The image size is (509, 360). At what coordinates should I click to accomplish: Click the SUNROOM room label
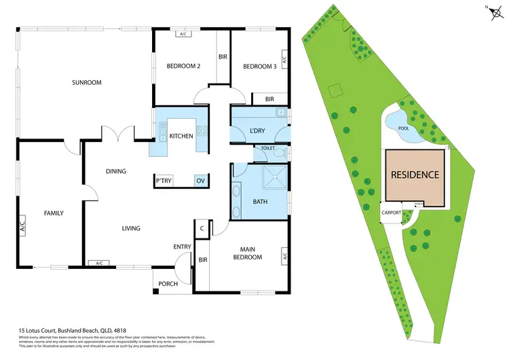[87, 83]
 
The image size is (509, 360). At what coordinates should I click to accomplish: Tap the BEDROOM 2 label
[183, 66]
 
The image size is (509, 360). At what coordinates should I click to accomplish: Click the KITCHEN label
[181, 136]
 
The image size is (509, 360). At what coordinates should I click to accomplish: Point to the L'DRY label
[257, 130]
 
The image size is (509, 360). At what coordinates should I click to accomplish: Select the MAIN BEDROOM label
[247, 253]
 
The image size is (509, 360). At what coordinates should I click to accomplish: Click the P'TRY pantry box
[164, 181]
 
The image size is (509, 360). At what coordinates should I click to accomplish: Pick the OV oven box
[200, 181]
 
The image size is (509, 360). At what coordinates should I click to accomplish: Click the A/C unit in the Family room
[22, 225]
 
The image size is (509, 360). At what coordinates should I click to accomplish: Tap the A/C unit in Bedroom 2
[183, 33]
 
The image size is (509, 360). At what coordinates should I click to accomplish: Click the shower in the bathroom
[274, 177]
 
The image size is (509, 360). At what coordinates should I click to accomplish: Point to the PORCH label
[168, 284]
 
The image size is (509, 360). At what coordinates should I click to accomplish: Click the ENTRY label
[182, 247]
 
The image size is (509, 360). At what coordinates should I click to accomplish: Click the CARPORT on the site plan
[392, 213]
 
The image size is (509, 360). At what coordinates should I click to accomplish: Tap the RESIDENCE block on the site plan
[415, 175]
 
